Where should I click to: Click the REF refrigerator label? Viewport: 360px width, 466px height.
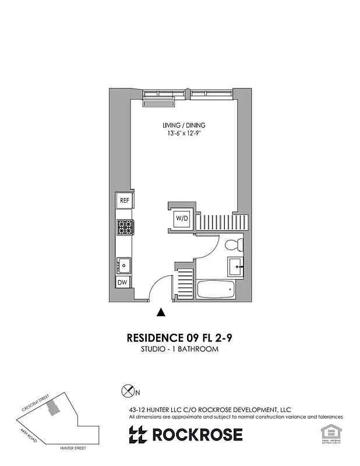(x=124, y=200)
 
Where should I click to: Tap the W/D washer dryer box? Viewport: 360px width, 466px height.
(x=182, y=219)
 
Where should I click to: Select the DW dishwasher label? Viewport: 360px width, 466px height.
(x=123, y=283)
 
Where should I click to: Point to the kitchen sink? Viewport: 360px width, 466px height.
(x=123, y=265)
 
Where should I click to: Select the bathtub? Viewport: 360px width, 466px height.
(x=216, y=290)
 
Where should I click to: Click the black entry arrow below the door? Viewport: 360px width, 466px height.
(x=161, y=313)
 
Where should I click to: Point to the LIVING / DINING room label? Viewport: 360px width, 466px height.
(x=183, y=125)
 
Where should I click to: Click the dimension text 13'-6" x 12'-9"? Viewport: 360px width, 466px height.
(x=183, y=135)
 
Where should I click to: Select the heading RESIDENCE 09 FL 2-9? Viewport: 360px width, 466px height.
(x=183, y=338)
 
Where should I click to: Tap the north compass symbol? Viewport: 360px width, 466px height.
(x=126, y=391)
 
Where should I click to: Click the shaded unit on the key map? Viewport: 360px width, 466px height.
(x=54, y=407)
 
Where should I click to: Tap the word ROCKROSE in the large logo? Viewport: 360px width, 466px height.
(x=197, y=435)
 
